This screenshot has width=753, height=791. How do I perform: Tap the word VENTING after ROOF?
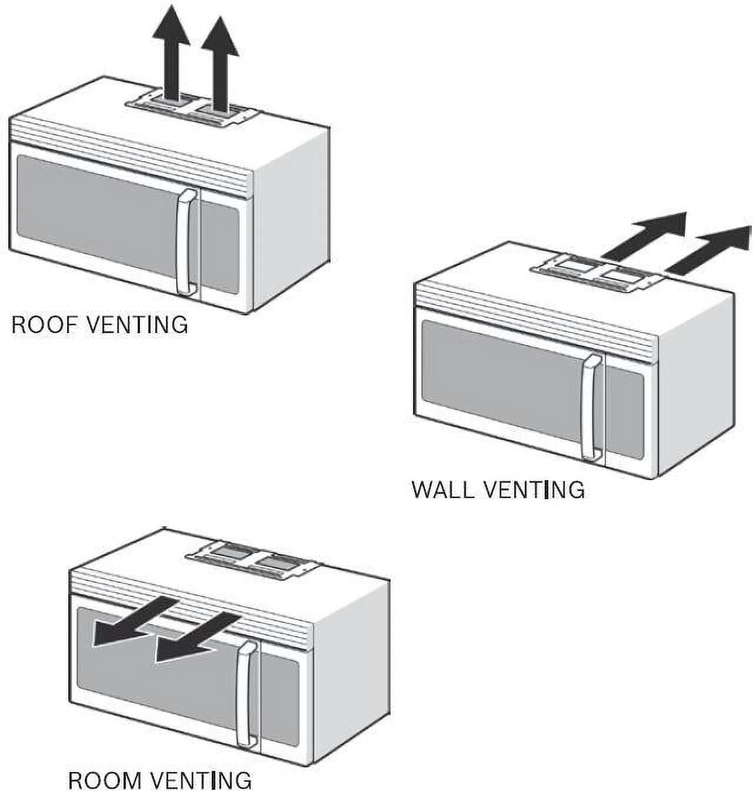[x=137, y=324]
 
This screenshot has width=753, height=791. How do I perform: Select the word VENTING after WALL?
[x=534, y=490]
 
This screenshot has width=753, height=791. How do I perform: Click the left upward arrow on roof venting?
[x=171, y=52]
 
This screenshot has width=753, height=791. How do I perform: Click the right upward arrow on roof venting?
[x=221, y=64]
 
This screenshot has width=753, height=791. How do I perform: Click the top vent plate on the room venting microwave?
[x=252, y=560]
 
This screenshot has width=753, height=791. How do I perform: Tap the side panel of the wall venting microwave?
[x=697, y=385]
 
